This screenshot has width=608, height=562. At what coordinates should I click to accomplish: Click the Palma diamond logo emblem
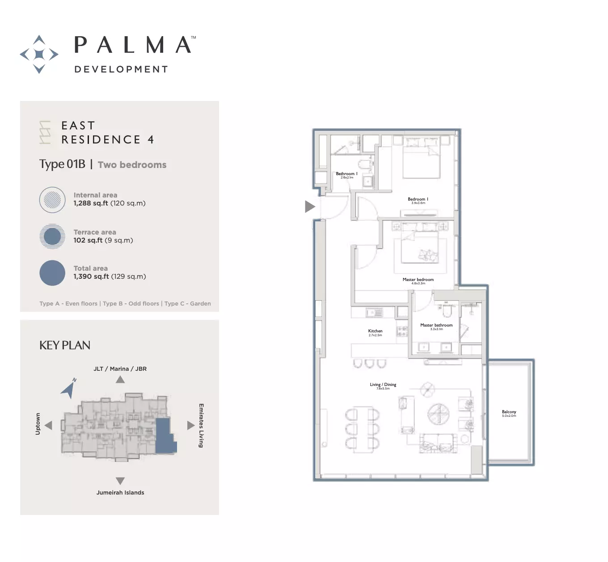(39, 54)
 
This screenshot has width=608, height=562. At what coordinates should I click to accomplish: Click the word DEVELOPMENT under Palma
(121, 69)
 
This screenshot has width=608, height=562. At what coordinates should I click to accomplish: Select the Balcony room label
(509, 412)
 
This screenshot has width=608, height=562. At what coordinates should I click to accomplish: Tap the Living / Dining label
(383, 385)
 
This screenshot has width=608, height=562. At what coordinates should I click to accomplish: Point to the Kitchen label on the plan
(375, 331)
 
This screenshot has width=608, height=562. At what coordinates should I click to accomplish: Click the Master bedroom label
(418, 280)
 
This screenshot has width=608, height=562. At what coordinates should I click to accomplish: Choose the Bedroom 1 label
(418, 200)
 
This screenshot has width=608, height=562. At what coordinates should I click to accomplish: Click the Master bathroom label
(436, 326)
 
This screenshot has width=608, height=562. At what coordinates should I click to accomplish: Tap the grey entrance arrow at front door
(309, 206)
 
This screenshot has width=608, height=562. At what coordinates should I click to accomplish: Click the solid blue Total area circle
(52, 273)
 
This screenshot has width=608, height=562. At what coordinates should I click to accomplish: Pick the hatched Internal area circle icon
(52, 200)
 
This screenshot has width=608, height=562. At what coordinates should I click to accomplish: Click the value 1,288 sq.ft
(91, 203)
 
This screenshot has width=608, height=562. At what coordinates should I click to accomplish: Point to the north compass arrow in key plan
(69, 389)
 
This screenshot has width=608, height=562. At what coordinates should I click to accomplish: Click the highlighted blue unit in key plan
(164, 436)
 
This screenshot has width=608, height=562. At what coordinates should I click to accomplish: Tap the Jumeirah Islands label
(120, 493)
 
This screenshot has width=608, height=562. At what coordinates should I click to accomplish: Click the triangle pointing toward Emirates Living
(190, 425)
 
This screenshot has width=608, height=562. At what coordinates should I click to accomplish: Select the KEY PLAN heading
(65, 345)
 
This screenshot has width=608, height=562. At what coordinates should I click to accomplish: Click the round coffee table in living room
(439, 414)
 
